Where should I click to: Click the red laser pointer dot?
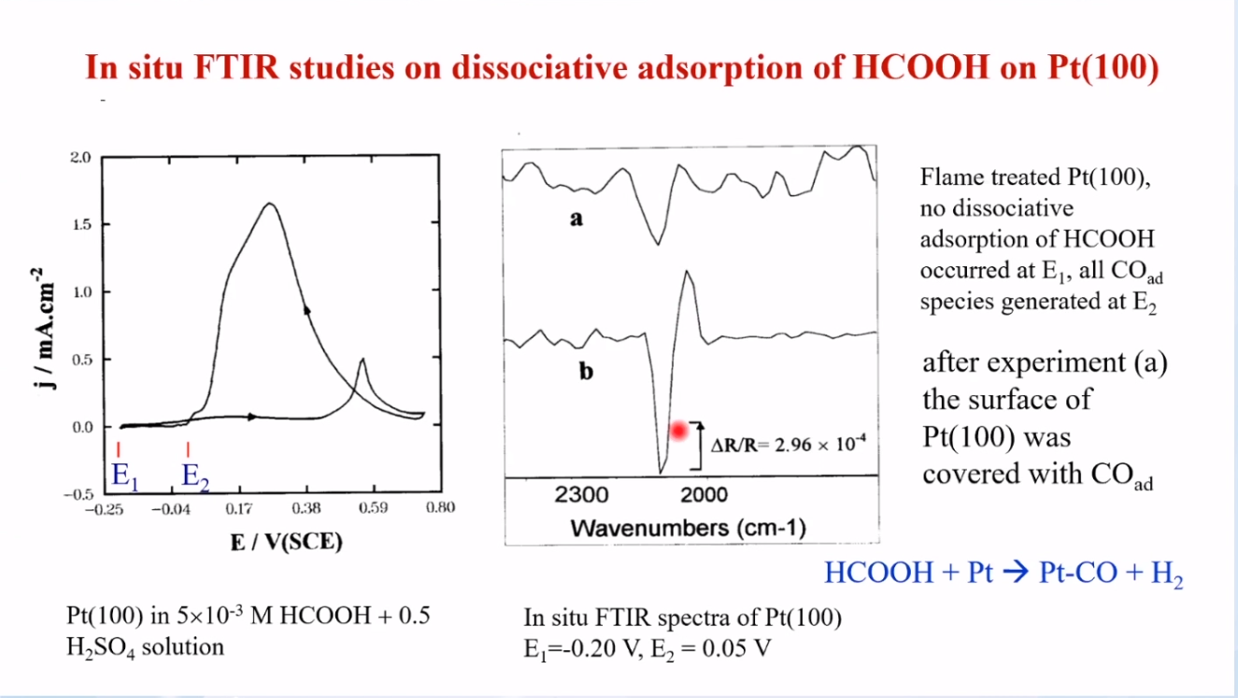(x=678, y=431)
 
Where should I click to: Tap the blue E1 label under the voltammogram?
(x=125, y=477)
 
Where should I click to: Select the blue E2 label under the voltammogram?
(x=195, y=477)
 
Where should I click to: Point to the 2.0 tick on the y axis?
(x=80, y=158)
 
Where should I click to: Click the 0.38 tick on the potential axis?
(x=306, y=508)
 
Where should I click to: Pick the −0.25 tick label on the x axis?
(x=104, y=509)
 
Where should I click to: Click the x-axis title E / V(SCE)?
(x=286, y=542)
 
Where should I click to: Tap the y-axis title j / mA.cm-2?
(x=44, y=328)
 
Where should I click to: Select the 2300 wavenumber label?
(x=581, y=494)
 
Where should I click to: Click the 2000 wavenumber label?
(x=704, y=494)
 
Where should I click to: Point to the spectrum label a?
(x=576, y=219)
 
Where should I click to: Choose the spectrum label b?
(x=586, y=371)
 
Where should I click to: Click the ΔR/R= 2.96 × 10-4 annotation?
(x=789, y=444)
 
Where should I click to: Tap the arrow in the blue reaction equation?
(x=1016, y=572)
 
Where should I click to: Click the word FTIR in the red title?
(x=236, y=67)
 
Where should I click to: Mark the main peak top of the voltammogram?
(x=270, y=204)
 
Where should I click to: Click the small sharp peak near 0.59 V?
(x=363, y=360)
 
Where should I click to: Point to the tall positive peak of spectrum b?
(x=687, y=271)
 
